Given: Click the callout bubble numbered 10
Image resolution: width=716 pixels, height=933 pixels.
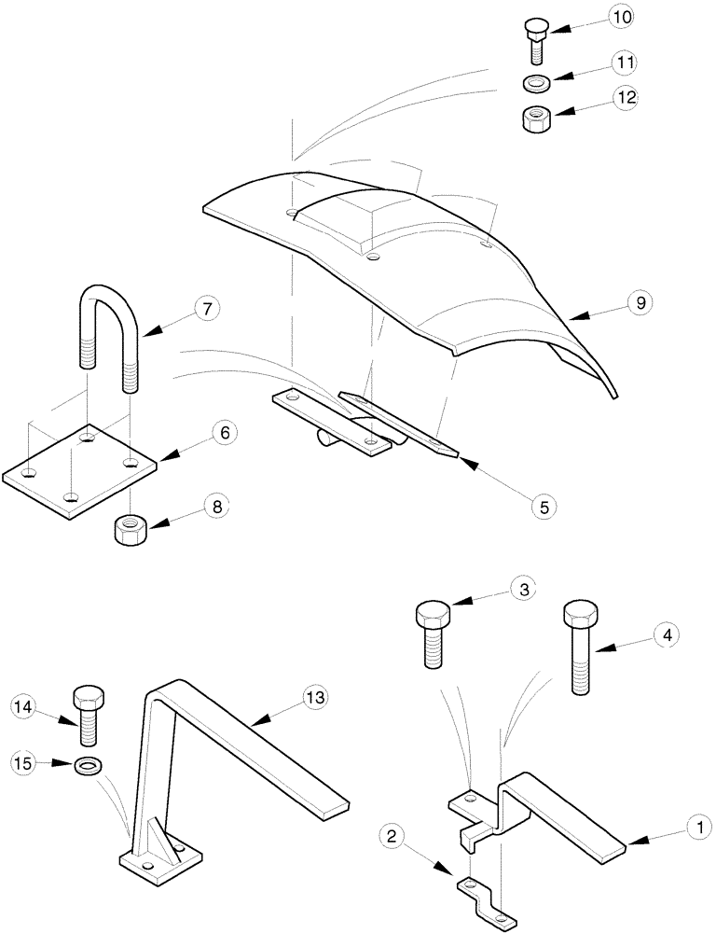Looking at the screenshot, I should coord(621,17).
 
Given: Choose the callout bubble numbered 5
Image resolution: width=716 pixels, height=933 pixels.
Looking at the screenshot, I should coord(544,506).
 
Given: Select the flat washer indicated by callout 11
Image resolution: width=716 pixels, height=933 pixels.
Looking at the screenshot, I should coord(535,85).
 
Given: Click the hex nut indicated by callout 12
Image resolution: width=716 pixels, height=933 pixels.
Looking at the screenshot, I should coord(535,120).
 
